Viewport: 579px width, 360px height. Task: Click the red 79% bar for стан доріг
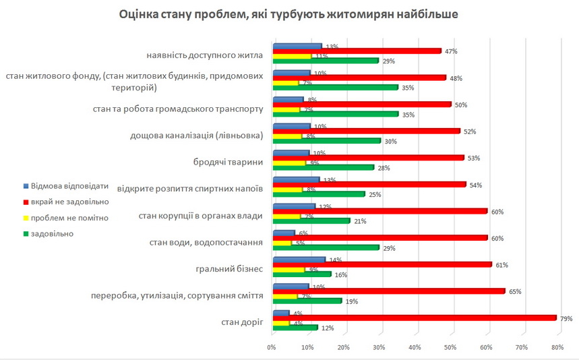(x=415, y=318)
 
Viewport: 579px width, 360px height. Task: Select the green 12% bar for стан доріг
(x=294, y=327)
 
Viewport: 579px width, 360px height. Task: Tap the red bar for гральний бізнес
(x=382, y=265)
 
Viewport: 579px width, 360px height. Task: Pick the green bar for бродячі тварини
(x=322, y=167)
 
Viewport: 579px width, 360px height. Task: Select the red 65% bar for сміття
(x=389, y=291)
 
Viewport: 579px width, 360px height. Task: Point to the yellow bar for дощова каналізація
(x=286, y=136)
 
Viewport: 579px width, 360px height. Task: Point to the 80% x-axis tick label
(x=557, y=348)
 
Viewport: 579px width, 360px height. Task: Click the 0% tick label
(x=272, y=348)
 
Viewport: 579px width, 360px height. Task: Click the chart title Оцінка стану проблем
(x=289, y=14)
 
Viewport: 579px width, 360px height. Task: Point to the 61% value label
(x=501, y=265)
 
